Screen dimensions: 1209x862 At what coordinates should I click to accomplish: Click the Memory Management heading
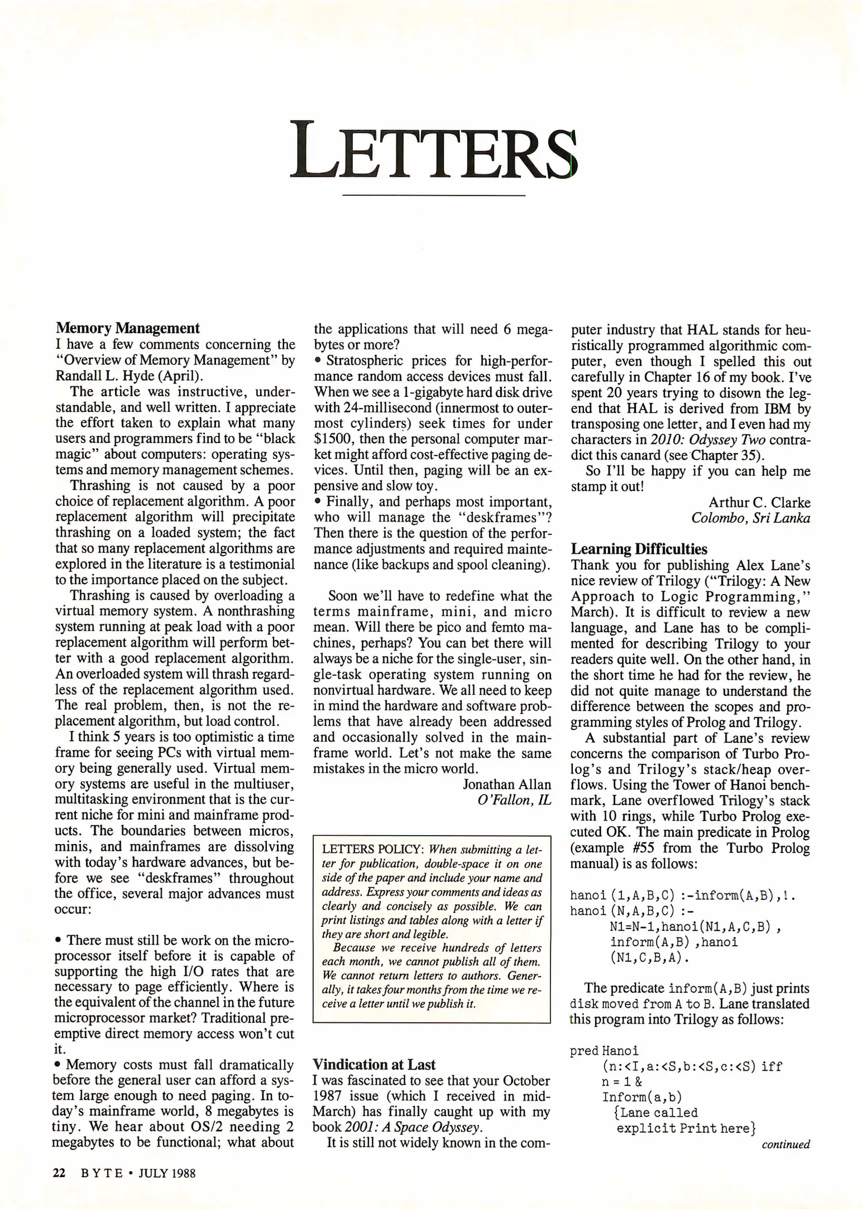pos(128,328)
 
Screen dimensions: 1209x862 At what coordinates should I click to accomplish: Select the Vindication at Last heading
pos(374,1064)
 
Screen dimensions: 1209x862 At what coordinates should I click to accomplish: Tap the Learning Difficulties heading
pos(639,549)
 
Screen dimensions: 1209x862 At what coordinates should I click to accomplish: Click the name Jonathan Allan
pos(507,784)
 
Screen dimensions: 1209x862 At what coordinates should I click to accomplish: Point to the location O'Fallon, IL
pos(514,800)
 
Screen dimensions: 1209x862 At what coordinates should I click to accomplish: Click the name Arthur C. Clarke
pos(759,502)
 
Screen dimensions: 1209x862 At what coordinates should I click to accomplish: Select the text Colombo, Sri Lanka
pos(750,518)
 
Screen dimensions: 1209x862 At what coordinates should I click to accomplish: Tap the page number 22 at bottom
pos(59,1173)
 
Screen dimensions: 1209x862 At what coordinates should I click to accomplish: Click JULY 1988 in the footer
pos(167,1173)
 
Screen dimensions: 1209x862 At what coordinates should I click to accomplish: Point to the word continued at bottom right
pos(785,1145)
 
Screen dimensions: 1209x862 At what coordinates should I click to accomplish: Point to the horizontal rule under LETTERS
pos(433,195)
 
